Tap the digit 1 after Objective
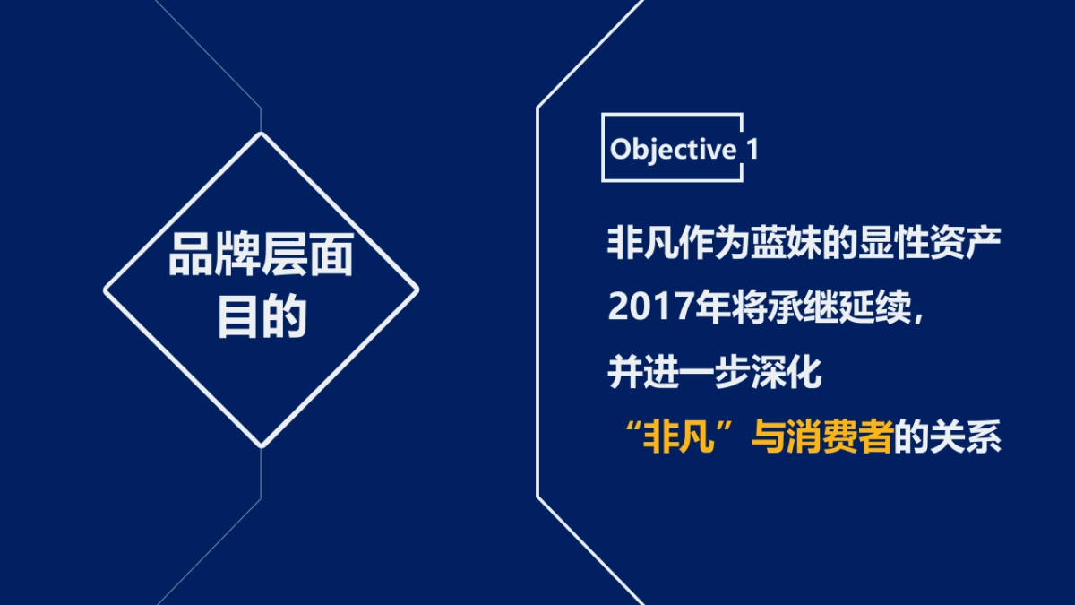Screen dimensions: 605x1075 click(752, 149)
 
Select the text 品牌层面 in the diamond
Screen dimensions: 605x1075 click(261, 257)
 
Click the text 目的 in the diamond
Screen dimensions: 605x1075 click(261, 317)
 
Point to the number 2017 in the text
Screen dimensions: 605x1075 click(643, 307)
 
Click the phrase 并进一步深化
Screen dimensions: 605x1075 click(715, 374)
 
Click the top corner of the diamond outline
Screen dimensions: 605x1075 click(261, 134)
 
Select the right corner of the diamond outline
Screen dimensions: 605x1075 click(417, 290)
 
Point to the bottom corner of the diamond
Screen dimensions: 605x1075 click(261, 446)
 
